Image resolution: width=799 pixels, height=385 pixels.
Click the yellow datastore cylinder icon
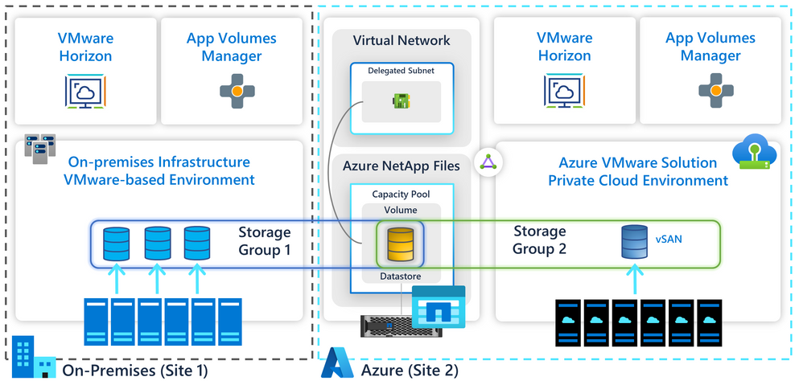click(401, 244)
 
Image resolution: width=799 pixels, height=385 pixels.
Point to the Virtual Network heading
click(402, 40)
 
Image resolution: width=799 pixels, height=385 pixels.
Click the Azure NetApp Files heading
click(402, 166)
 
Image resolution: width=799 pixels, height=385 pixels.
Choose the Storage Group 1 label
click(264, 240)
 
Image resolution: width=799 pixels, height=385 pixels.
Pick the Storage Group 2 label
click(539, 240)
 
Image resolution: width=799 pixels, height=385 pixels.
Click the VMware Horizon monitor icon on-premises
click(85, 91)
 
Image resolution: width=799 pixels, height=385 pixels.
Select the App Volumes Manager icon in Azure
click(710, 91)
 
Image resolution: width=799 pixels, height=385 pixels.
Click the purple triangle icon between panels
click(488, 162)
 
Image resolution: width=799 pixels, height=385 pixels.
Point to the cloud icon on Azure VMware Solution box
click(752, 153)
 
